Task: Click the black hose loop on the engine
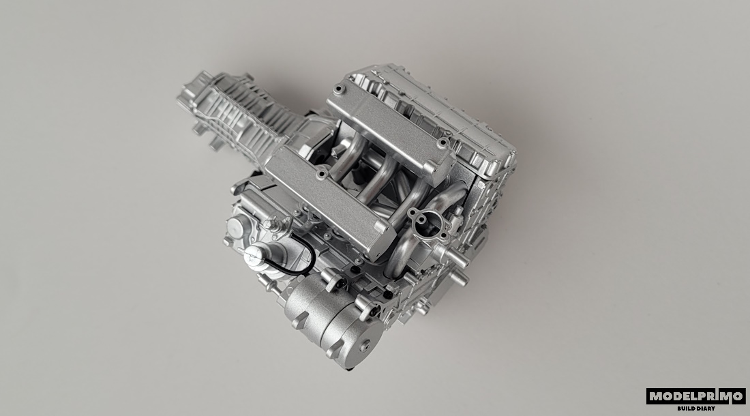308,261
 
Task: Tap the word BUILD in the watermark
686,408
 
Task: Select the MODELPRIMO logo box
696,396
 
